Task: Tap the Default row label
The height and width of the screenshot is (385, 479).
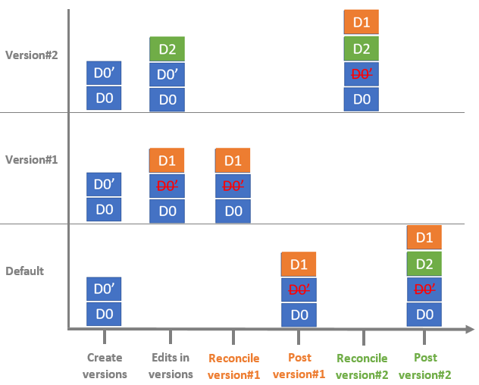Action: tap(25, 271)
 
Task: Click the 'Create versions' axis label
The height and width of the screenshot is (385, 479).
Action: tap(105, 365)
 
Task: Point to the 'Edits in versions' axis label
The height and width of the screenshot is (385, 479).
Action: tap(171, 365)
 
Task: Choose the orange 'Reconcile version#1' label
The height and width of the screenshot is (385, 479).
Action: tap(233, 365)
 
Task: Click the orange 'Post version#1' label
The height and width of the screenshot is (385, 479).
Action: tap(299, 365)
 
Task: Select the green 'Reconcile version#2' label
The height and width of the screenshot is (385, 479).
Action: tap(362, 365)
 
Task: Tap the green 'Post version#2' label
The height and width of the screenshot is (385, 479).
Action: tap(425, 365)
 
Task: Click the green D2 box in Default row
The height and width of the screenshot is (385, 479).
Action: tap(424, 264)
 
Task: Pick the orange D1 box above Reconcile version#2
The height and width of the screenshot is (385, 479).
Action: tap(362, 23)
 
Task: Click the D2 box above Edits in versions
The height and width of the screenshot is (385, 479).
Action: tap(167, 49)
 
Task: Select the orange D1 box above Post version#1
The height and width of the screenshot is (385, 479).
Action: tap(299, 264)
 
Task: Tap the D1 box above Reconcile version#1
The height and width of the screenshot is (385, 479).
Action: tap(233, 161)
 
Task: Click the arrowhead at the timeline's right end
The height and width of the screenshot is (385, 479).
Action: tap(469, 329)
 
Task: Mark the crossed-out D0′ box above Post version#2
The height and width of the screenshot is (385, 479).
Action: tap(424, 289)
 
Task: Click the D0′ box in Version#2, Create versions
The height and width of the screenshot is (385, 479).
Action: tap(105, 74)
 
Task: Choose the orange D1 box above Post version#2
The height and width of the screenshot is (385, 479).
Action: tap(424, 238)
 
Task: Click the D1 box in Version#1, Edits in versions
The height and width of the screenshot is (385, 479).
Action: tap(167, 161)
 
